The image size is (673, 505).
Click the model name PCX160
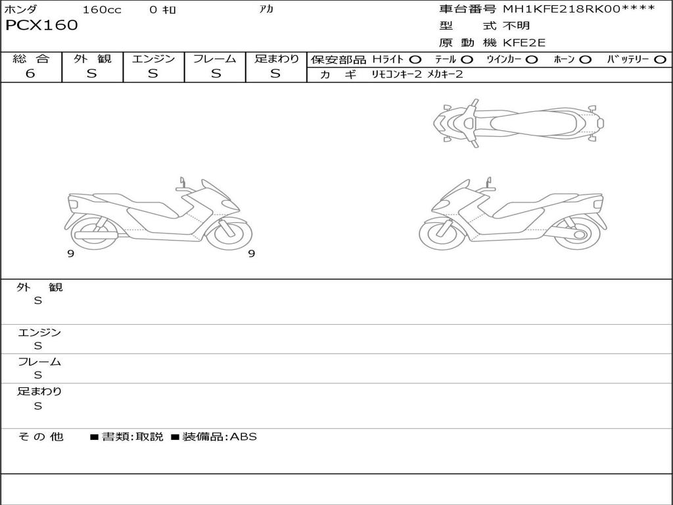(x=41, y=26)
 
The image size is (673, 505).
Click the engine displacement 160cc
(x=102, y=9)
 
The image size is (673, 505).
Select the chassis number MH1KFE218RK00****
(x=579, y=9)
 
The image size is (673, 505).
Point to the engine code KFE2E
(x=524, y=43)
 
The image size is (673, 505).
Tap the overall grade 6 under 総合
(x=30, y=74)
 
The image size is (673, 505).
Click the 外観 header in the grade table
(x=92, y=59)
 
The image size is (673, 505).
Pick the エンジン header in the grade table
(x=153, y=59)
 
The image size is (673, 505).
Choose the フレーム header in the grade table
(x=215, y=59)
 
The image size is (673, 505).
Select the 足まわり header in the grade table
(x=276, y=59)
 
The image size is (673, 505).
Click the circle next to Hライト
(x=415, y=60)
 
